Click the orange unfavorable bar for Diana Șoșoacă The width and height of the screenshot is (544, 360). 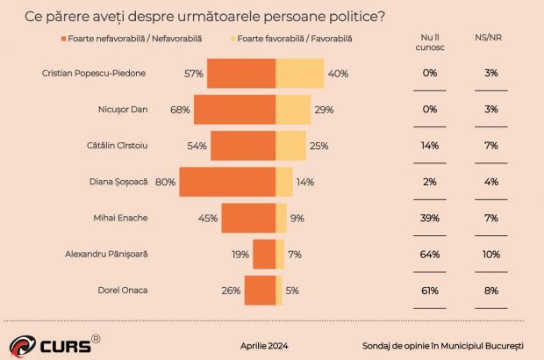click(227, 182)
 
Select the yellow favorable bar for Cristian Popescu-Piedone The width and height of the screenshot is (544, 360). click(300, 74)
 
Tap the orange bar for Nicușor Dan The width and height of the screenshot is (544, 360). click(234, 110)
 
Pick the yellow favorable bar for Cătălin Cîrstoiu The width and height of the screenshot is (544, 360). click(290, 146)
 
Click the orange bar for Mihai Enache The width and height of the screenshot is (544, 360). click(248, 218)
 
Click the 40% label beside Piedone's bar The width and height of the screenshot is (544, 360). click(339, 74)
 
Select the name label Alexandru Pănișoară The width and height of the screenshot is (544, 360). click(106, 254)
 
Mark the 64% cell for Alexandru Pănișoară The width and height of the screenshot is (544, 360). click(430, 254)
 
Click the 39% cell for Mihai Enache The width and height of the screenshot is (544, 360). click(430, 218)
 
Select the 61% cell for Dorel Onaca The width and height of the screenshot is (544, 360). click(430, 290)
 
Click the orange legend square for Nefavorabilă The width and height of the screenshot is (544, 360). click(63, 39)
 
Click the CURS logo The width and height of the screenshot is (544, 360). click(52, 344)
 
